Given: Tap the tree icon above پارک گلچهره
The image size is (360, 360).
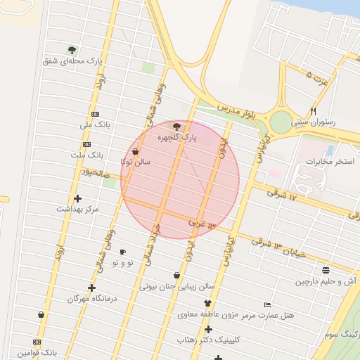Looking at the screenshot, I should (x=176, y=127).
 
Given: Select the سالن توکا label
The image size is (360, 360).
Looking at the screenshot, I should (x=136, y=162).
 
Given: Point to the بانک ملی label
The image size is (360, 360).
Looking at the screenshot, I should (x=96, y=125).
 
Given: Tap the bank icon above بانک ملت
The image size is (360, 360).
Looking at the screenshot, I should (x=86, y=144).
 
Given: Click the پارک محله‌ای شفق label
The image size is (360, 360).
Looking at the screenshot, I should (x=72, y=61).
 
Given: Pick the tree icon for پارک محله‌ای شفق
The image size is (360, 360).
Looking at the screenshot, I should (x=72, y=50).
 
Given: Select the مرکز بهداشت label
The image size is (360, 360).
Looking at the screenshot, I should (x=78, y=209).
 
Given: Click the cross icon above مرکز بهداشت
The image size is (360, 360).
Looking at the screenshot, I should (x=77, y=198).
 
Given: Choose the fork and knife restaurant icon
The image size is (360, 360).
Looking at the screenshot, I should (x=314, y=111).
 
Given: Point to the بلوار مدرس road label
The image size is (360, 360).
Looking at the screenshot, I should (x=236, y=112).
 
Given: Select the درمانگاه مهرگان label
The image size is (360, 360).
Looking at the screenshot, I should (x=91, y=298).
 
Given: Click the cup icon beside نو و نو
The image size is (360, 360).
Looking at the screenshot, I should (x=122, y=252).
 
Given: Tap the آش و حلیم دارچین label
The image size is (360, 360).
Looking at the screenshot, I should (x=326, y=281).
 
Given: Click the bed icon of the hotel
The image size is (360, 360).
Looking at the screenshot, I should (x=266, y=304).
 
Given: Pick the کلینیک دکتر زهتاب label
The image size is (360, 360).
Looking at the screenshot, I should (x=208, y=340).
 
